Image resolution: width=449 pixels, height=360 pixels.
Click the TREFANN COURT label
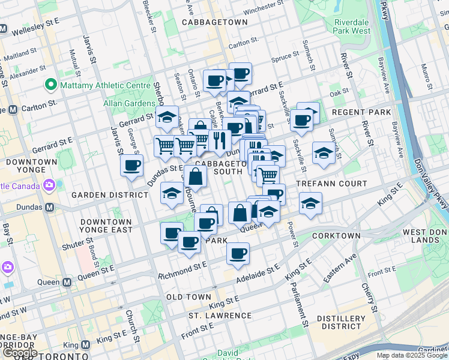tap(331, 183)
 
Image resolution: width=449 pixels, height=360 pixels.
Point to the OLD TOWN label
tap(188, 297)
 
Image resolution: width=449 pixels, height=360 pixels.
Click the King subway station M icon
tap(85, 345)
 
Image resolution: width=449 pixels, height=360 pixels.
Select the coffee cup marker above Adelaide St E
tap(238, 253)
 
